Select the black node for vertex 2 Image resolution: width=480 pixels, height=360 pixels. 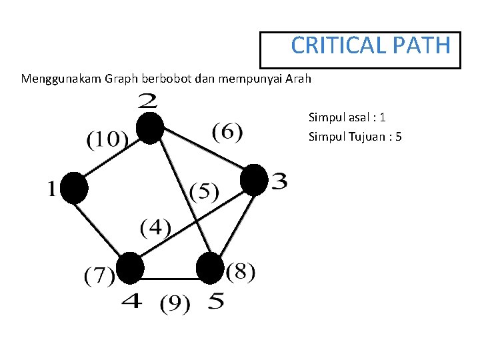coord(151,128)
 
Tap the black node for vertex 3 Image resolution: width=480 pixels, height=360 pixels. coord(253,180)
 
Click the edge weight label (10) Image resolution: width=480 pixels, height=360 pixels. coord(107,139)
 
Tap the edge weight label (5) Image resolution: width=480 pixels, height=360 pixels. coord(204,192)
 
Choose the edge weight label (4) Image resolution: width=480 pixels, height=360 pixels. coord(155,228)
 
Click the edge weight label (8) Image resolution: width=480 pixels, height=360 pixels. coord(240,273)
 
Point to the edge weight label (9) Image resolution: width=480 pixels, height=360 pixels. coord(175,305)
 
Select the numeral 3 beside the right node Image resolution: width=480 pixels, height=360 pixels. coord(279,181)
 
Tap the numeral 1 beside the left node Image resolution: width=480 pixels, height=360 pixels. coord(52,189)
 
